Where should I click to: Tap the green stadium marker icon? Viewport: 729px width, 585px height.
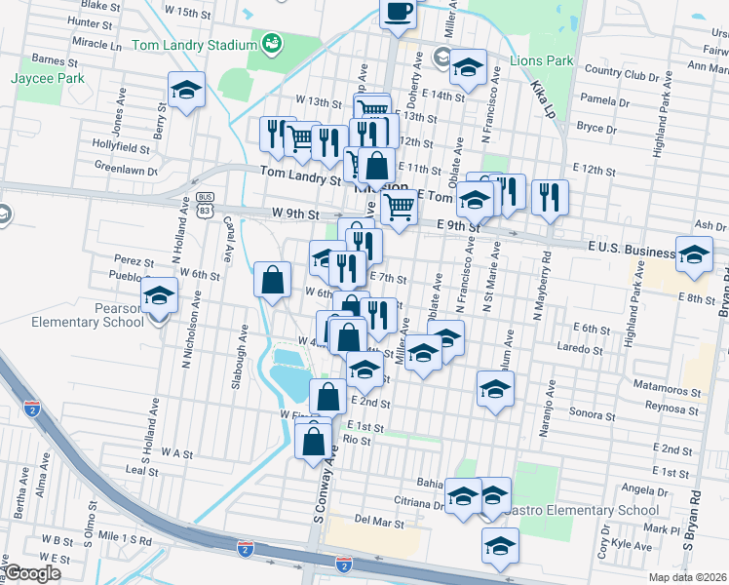tap(272, 43)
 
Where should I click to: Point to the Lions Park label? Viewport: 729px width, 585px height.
tap(541, 60)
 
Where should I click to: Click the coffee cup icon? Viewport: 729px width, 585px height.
tap(398, 13)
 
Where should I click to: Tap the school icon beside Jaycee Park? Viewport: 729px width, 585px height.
tap(185, 91)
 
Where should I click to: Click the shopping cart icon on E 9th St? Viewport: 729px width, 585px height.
tap(398, 206)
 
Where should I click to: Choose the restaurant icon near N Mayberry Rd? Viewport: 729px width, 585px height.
tap(550, 198)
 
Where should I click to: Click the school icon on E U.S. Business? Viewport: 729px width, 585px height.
tap(694, 256)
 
